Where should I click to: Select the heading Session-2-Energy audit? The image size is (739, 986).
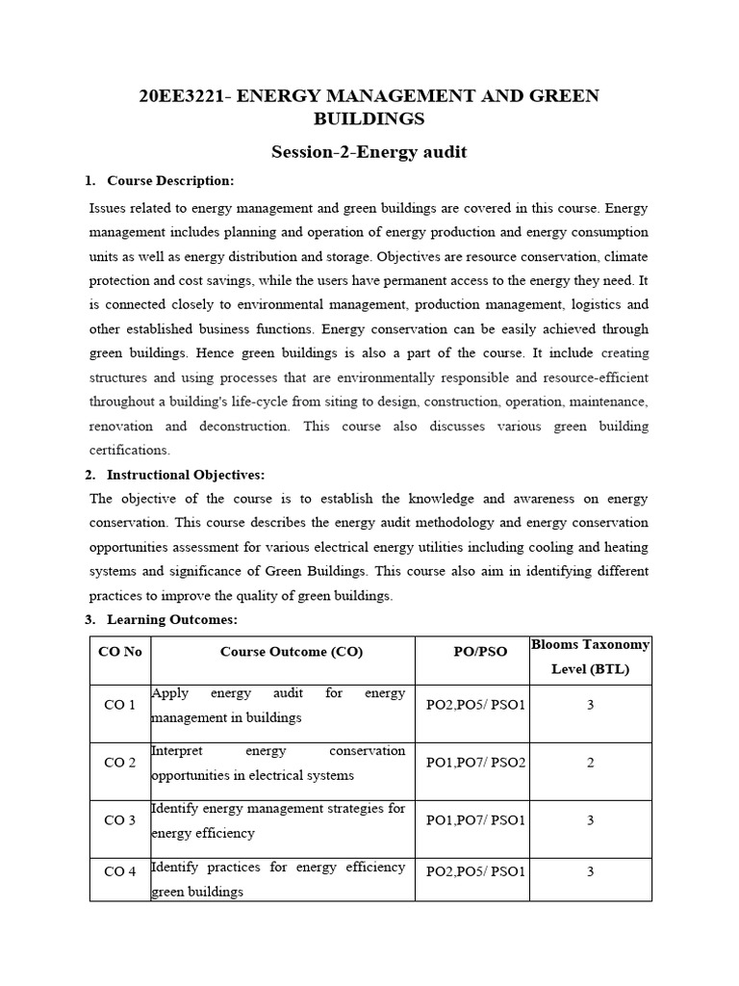[369, 151]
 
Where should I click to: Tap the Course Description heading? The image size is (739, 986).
[169, 180]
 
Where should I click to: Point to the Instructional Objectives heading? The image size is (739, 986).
[185, 475]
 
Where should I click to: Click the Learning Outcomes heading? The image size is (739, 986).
[171, 619]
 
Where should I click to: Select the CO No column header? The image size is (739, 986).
[120, 652]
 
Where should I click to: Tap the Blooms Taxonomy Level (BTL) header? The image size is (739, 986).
[590, 657]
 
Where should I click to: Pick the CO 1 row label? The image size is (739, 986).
[120, 706]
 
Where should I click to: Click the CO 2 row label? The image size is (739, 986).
[120, 763]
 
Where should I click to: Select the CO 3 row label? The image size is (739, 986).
[120, 820]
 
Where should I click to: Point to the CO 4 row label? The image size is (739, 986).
[120, 872]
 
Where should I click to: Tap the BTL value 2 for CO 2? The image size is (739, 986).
[590, 763]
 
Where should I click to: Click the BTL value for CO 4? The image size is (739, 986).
[590, 872]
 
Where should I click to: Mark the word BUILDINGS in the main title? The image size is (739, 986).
[369, 119]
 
